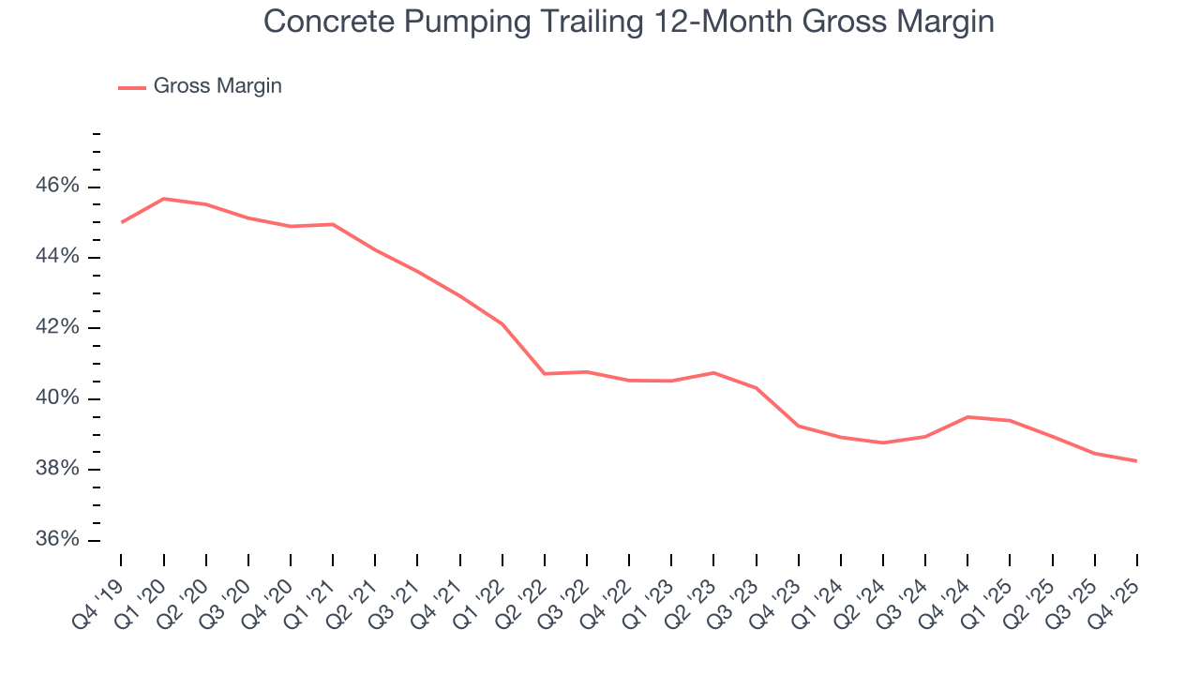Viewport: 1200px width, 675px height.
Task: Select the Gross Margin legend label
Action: pyautogui.click(x=217, y=86)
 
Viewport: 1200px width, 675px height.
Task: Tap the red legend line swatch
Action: pyautogui.click(x=131, y=87)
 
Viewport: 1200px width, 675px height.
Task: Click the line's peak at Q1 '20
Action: pyautogui.click(x=164, y=199)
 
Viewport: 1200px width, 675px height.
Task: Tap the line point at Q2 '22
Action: pyautogui.click(x=545, y=374)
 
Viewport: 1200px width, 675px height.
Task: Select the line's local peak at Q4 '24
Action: pyautogui.click(x=967, y=417)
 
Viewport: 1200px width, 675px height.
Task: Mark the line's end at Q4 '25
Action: pyautogui.click(x=1137, y=461)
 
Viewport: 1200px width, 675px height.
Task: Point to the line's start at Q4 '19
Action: pyautogui.click(x=122, y=222)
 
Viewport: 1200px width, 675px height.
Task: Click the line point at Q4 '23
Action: pyautogui.click(x=799, y=426)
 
